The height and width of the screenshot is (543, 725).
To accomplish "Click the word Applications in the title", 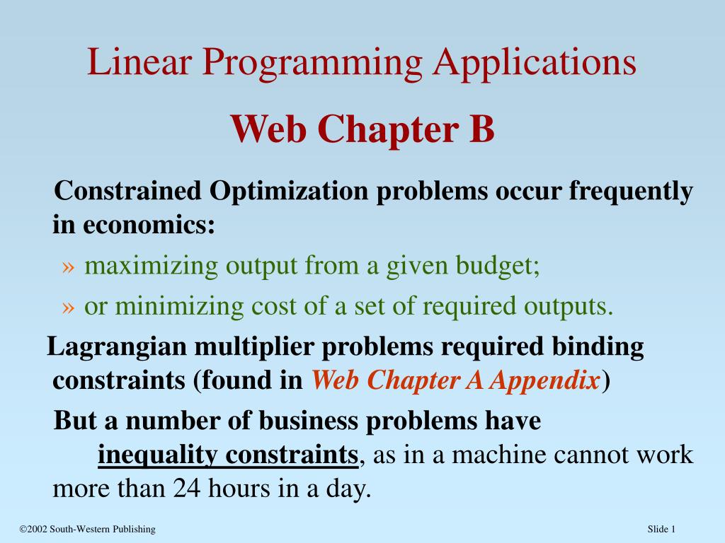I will [535, 64].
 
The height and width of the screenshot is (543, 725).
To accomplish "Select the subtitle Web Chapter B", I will [362, 129].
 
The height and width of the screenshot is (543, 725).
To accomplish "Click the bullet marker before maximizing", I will [68, 267].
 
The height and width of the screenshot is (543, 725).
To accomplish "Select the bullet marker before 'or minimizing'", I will [68, 307].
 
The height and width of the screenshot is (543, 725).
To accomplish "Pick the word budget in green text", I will [496, 267].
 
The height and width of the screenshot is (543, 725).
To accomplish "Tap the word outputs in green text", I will [567, 306].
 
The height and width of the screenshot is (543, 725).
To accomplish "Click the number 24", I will [186, 489].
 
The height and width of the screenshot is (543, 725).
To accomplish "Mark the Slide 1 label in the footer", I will [663, 530].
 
